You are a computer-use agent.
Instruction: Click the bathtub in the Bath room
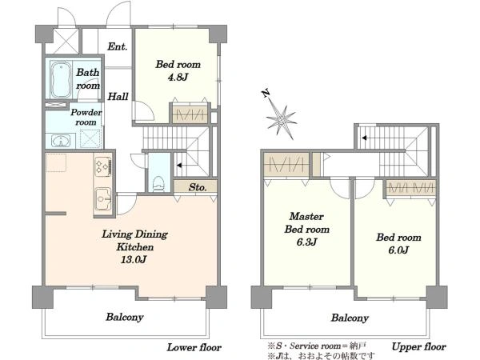pyautogui.click(x=61, y=79)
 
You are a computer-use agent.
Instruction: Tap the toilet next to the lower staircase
pyautogui.click(x=158, y=184)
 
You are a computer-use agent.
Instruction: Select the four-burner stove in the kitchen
pyautogui.click(x=103, y=166)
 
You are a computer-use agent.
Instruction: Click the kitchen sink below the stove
pyautogui.click(x=103, y=199)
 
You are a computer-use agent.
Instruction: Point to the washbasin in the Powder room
pyautogui.click(x=61, y=141)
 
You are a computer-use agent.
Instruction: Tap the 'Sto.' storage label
pyautogui.click(x=198, y=187)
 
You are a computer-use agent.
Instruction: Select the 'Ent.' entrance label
pyautogui.click(x=117, y=46)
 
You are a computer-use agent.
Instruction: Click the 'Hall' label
pyautogui.click(x=118, y=97)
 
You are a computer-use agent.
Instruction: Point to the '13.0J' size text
pyautogui.click(x=134, y=260)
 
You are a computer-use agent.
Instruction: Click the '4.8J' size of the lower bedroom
pyautogui.click(x=178, y=77)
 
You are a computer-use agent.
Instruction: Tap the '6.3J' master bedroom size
pyautogui.click(x=306, y=242)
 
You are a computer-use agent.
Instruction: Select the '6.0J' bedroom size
pyautogui.click(x=398, y=250)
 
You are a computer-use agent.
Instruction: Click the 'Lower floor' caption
pyautogui.click(x=194, y=347)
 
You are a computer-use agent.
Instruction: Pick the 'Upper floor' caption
pyautogui.click(x=418, y=347)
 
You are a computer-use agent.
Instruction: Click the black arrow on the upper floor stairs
pyautogui.click(x=364, y=138)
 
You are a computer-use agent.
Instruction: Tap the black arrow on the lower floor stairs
pyautogui.click(x=179, y=166)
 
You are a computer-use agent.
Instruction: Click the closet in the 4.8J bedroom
pyautogui.click(x=190, y=114)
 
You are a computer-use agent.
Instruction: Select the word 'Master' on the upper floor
pyautogui.click(x=306, y=217)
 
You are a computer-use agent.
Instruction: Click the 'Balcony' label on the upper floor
pyautogui.click(x=350, y=318)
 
